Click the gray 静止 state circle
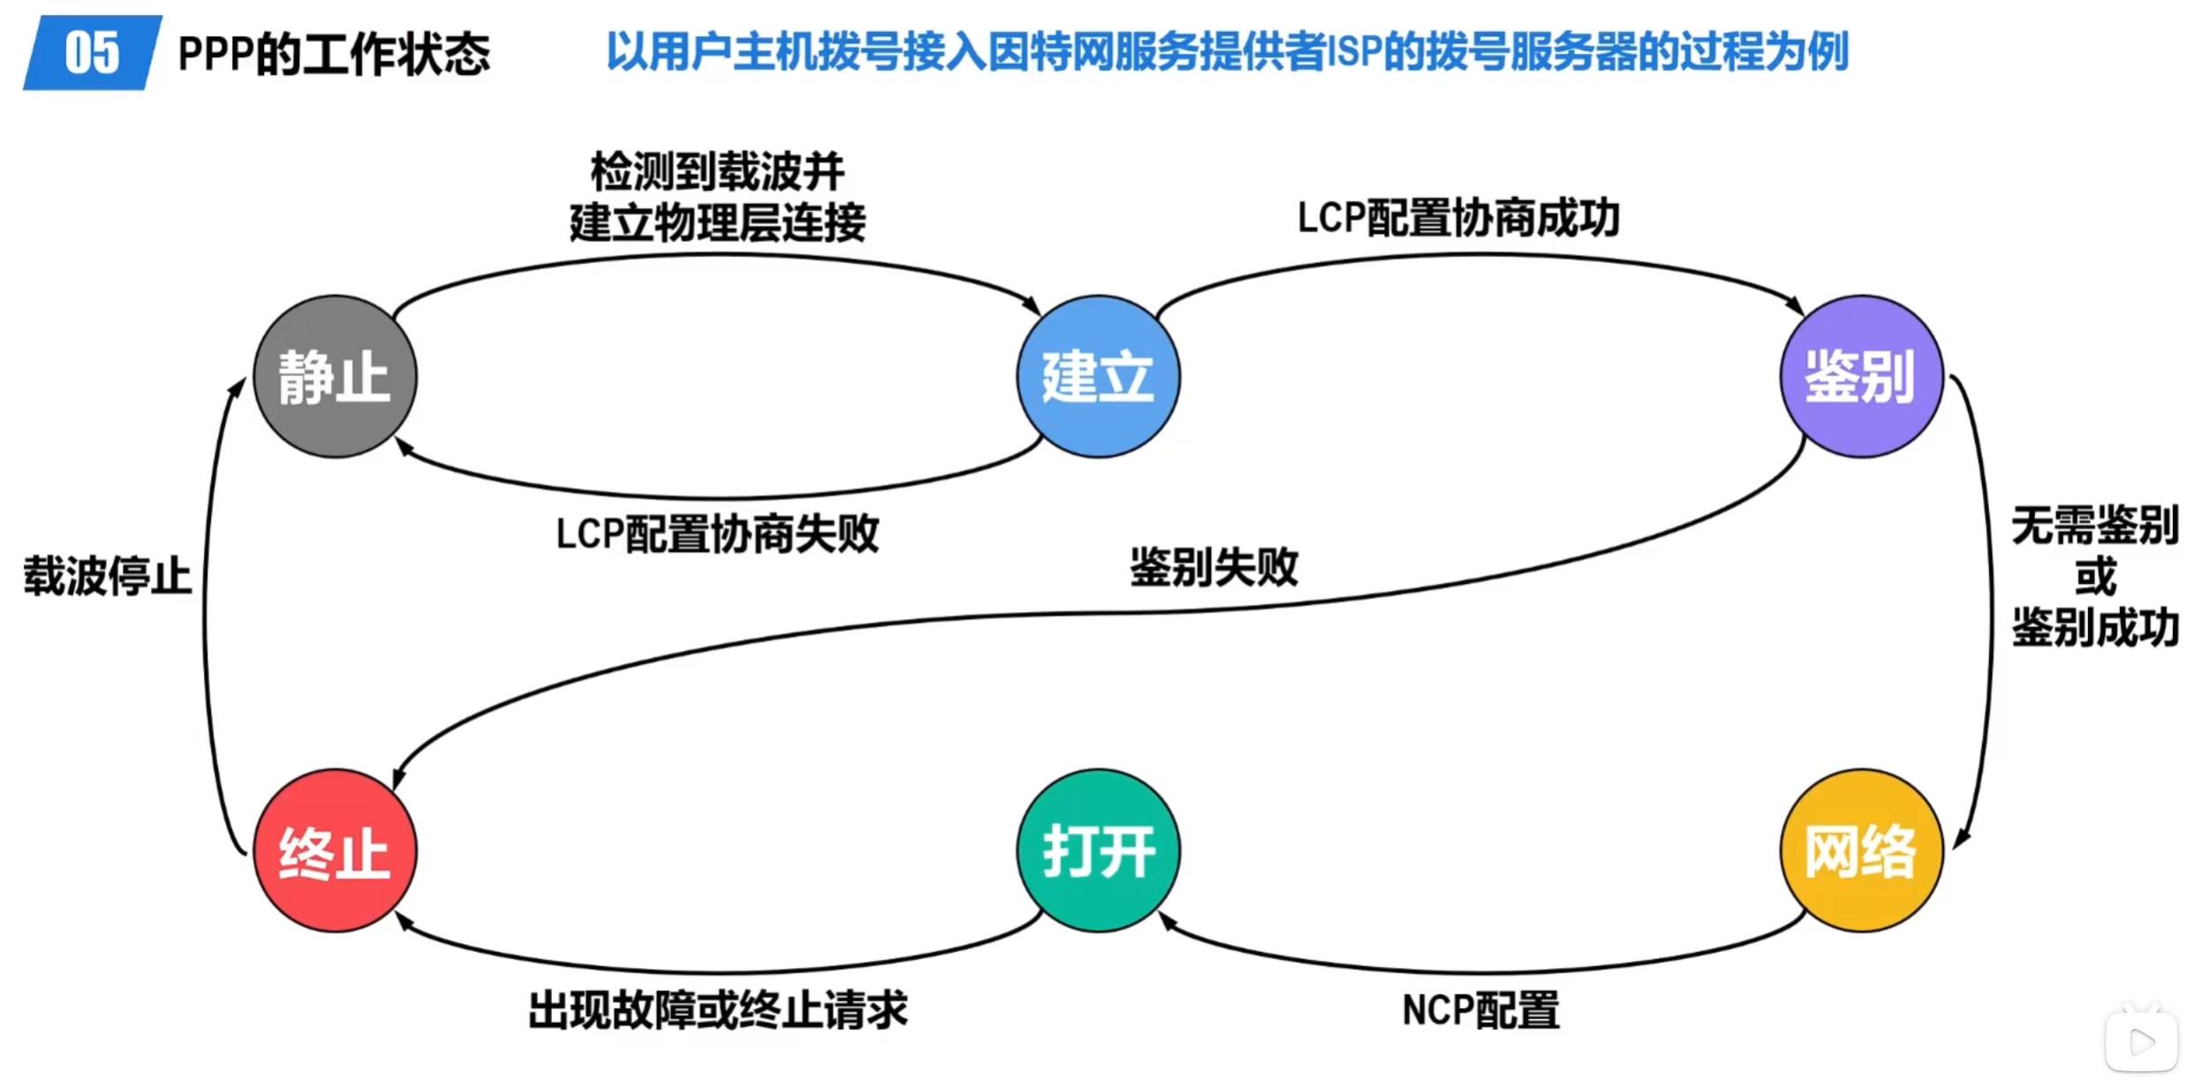335,376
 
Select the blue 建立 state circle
1098,376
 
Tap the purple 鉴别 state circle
1861,376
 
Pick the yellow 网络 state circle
1861,850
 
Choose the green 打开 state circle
1098,850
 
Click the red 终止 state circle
335,850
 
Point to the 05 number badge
92,52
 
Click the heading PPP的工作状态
334,54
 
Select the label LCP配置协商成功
1458,218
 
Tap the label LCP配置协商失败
717,533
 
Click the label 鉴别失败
1214,567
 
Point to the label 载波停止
108,577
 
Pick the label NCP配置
1481,1010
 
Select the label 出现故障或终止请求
718,1010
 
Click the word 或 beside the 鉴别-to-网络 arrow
2095,577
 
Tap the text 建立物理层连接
717,222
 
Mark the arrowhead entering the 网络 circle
1961,839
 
